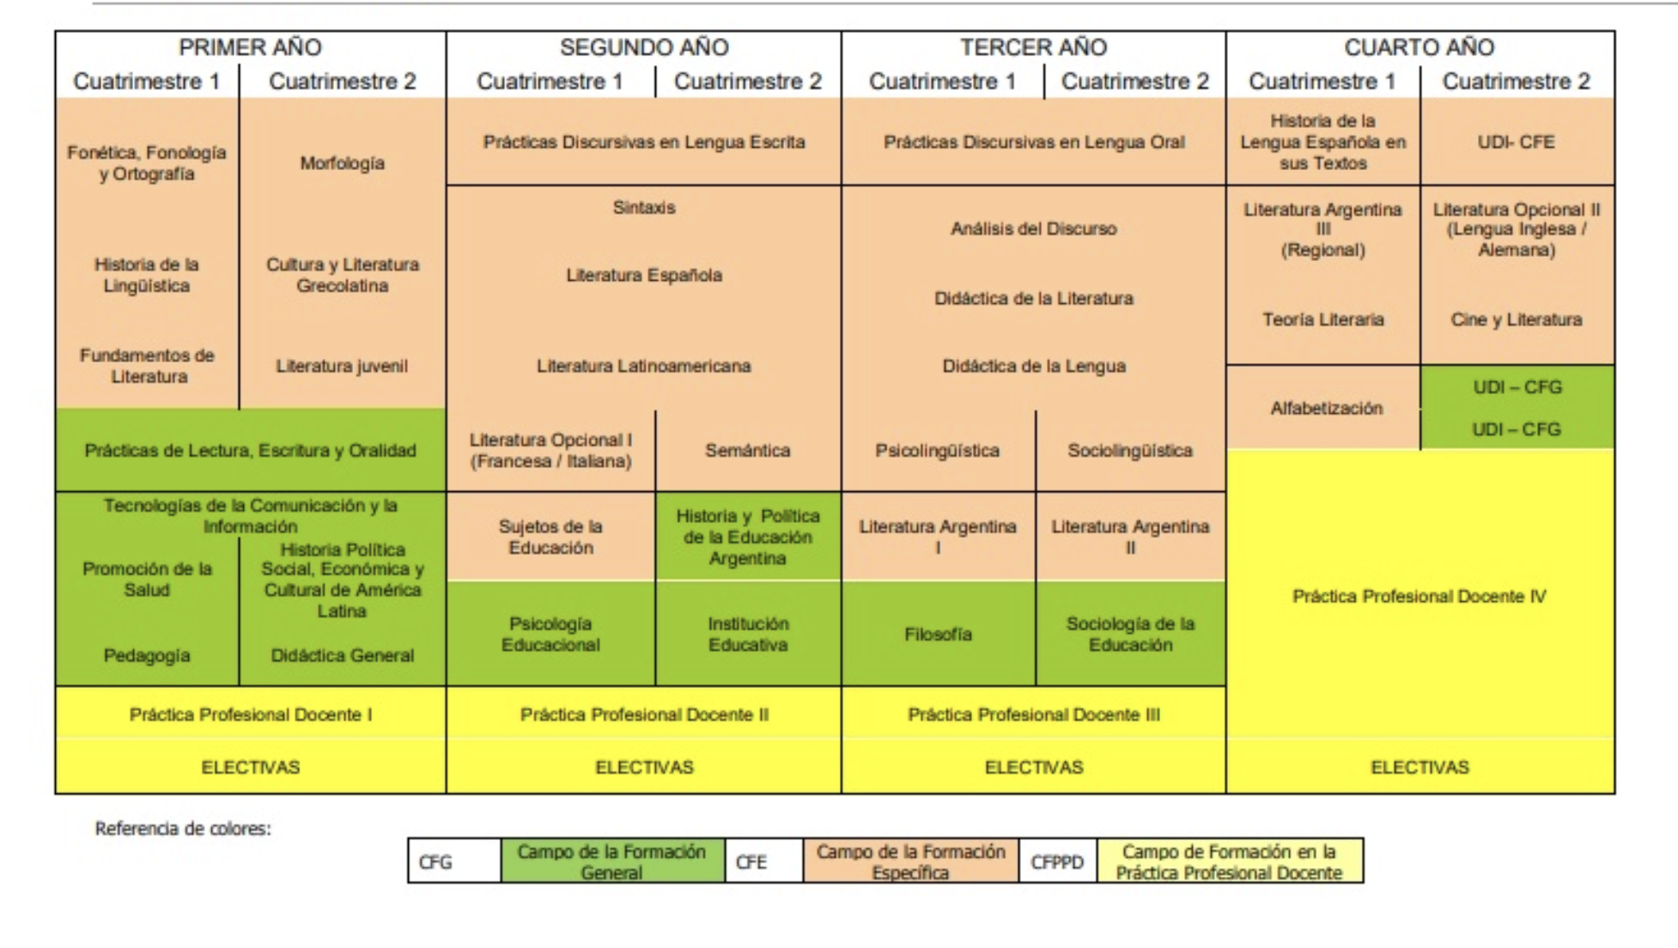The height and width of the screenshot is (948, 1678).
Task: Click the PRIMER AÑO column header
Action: [250, 47]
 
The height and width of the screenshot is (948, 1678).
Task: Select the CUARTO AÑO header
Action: [1419, 47]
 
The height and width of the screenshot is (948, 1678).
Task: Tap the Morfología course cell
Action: [342, 163]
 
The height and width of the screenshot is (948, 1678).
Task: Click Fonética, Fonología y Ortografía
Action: [147, 163]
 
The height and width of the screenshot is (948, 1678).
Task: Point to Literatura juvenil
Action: [342, 366]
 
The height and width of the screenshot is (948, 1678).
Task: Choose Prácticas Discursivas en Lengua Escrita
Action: [644, 142]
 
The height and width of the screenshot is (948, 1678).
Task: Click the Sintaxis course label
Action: [644, 208]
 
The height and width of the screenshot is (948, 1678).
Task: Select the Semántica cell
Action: [748, 450]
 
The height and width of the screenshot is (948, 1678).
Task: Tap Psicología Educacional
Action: [550, 635]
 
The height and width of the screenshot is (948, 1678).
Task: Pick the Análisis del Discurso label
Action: [1034, 229]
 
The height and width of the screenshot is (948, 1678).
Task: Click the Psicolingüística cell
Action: [938, 451]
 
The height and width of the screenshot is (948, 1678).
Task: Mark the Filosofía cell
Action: [938, 635]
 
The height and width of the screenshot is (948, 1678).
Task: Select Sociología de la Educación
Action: [1130, 635]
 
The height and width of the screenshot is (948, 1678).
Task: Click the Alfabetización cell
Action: [1327, 409]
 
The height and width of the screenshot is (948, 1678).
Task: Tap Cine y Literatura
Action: [1517, 319]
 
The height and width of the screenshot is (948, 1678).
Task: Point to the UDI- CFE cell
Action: [1517, 142]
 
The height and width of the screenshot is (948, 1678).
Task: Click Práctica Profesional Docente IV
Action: [1420, 596]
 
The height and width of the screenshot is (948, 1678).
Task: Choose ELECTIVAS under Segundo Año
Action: [644, 767]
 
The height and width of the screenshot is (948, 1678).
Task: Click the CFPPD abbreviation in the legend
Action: [1057, 862]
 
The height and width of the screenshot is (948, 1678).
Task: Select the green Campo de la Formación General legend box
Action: [612, 861]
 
